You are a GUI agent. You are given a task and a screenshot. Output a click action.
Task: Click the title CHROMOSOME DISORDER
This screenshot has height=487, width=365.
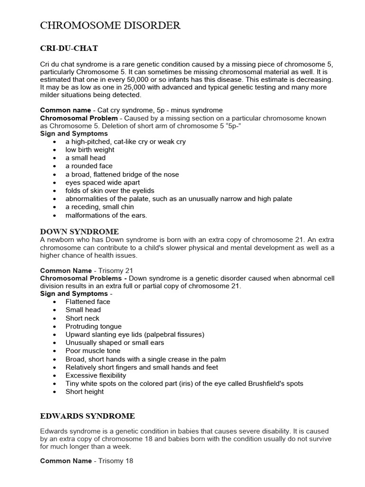pyautogui.click(x=110, y=26)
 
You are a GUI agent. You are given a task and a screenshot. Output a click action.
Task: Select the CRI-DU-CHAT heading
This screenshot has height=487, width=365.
pyautogui.click(x=69, y=49)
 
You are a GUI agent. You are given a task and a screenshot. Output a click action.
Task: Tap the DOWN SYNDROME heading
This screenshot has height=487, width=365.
pyautogui.click(x=79, y=232)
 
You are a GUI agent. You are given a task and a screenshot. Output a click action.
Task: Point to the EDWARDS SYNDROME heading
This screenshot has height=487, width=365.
pyautogui.click(x=87, y=416)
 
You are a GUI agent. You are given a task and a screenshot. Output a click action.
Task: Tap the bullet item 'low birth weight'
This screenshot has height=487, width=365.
pyautogui.click(x=90, y=150)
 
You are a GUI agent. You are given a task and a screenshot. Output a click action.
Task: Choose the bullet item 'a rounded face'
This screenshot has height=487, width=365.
pyautogui.click(x=89, y=166)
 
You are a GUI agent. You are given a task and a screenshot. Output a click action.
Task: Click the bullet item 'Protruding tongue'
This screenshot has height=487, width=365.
pyautogui.click(x=94, y=326)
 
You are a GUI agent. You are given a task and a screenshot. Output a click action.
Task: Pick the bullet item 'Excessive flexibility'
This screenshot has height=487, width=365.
pyautogui.click(x=96, y=375)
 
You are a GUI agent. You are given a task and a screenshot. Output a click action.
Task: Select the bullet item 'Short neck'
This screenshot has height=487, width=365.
pyautogui.click(x=82, y=318)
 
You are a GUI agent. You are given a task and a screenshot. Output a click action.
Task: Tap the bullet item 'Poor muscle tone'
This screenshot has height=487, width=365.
pyautogui.click(x=93, y=351)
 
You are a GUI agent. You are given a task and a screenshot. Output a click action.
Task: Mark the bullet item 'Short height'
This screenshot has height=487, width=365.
pyautogui.click(x=85, y=391)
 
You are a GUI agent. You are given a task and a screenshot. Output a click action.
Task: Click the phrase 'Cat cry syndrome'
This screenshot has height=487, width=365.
pyautogui.click(x=125, y=110)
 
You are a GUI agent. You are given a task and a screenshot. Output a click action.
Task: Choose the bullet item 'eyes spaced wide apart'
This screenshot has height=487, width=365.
pyautogui.click(x=103, y=183)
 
